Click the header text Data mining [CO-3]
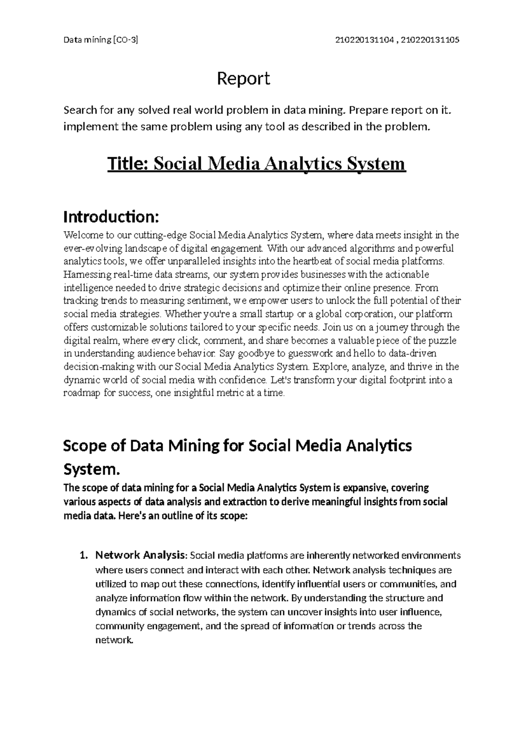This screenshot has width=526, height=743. [x=100, y=40]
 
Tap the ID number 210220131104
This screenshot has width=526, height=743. [x=366, y=40]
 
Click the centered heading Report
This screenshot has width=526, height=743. [x=244, y=79]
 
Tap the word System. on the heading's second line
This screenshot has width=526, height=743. [x=91, y=470]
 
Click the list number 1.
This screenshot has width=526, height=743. [x=83, y=556]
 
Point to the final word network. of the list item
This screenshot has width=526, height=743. [x=114, y=640]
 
